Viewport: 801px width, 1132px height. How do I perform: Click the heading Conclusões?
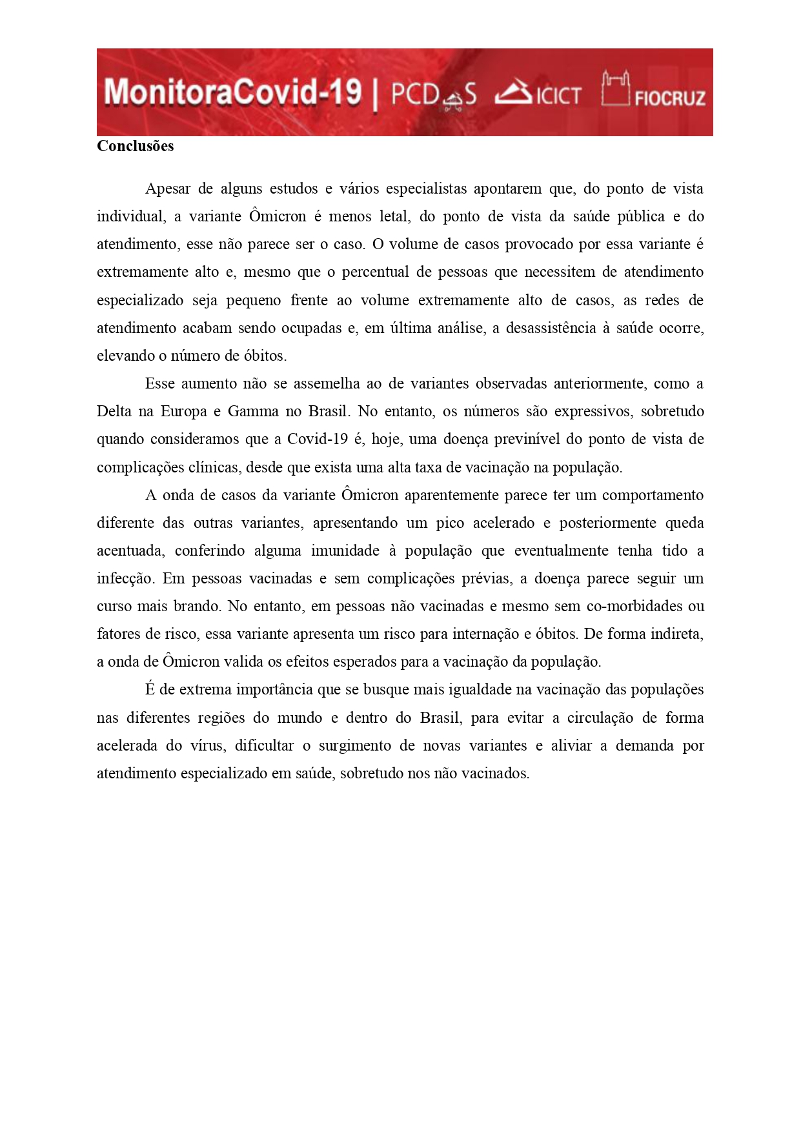pos(135,147)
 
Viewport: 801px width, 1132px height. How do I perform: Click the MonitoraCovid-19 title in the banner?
pos(232,92)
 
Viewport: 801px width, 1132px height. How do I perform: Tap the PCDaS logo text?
pos(433,95)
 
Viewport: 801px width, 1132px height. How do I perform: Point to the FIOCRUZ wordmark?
pos(669,98)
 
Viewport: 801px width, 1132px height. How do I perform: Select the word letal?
pos(394,217)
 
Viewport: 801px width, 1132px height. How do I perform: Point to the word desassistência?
pos(551,328)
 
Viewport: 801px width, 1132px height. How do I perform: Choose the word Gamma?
pos(252,412)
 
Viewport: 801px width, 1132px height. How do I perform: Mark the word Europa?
pos(183,412)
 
